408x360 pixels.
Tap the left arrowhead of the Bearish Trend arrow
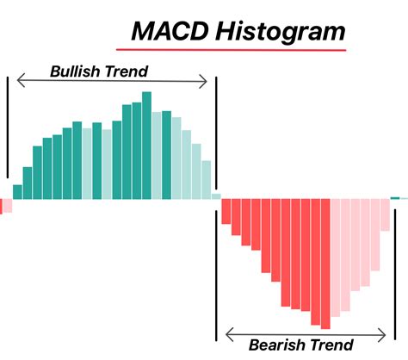tap(228, 332)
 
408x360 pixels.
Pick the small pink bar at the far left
tap(5, 205)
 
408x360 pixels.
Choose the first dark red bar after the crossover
tap(226, 211)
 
